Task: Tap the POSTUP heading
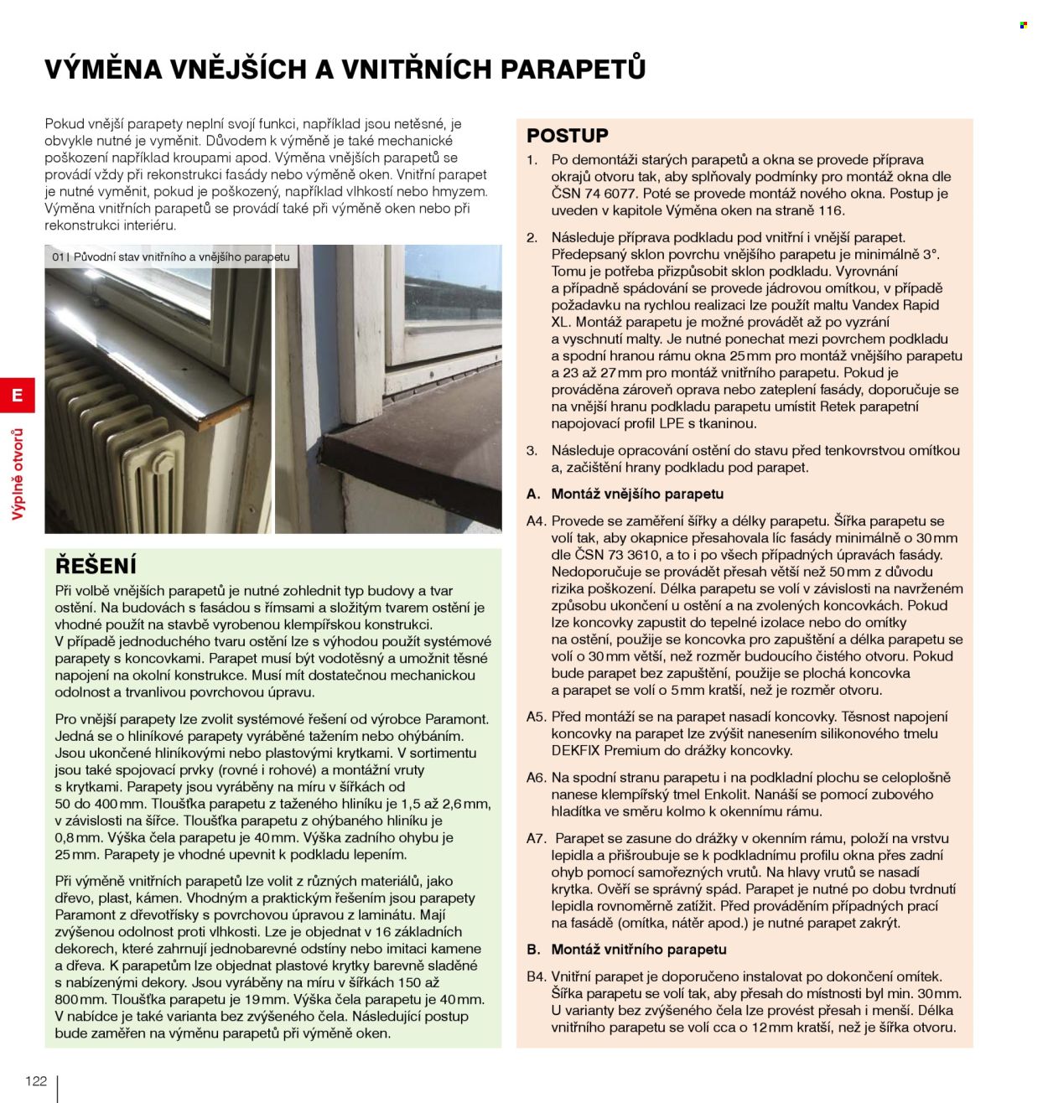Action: (x=568, y=135)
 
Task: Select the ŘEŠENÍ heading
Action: (x=96, y=565)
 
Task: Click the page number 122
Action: (x=36, y=1080)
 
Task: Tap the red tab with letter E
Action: (x=17, y=395)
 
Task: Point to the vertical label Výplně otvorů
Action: (x=17, y=474)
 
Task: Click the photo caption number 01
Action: (x=59, y=257)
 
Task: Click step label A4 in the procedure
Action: (x=536, y=521)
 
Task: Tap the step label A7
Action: (x=536, y=838)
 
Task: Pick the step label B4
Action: (x=536, y=976)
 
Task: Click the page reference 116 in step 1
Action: (x=833, y=210)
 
